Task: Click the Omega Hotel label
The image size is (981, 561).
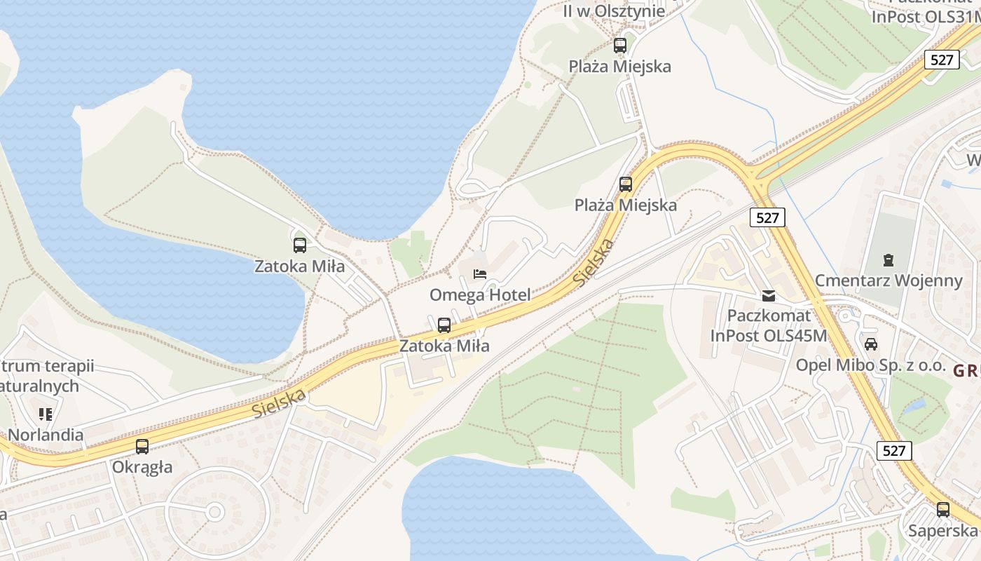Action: (480, 295)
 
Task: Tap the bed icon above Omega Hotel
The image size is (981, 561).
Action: (480, 274)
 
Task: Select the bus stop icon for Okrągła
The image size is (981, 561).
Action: (142, 447)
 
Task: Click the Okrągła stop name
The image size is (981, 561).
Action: (142, 467)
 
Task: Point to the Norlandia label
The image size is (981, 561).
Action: (46, 435)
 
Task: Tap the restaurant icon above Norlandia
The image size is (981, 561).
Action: (46, 414)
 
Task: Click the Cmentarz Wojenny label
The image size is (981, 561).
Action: (889, 281)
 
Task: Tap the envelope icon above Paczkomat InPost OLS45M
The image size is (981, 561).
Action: (769, 296)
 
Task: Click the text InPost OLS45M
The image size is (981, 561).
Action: (769, 335)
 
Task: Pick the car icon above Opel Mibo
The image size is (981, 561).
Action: (871, 344)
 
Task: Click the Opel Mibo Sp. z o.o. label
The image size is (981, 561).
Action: (871, 365)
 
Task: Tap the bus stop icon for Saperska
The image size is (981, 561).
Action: (943, 510)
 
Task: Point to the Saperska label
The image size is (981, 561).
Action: (942, 530)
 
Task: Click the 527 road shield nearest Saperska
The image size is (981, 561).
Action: (895, 450)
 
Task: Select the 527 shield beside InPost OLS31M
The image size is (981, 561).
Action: (942, 60)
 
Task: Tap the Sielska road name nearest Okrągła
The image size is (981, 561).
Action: (280, 403)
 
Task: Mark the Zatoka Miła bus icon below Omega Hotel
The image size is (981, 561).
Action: (444, 325)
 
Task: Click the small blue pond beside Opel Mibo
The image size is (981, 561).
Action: (914, 406)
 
